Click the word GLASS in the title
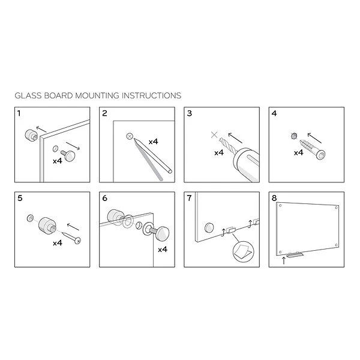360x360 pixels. [x=28, y=95]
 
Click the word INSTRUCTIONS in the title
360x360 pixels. [x=152, y=95]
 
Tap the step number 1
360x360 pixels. [x=19, y=113]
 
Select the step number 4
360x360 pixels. [x=274, y=113]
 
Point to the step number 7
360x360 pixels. [x=189, y=198]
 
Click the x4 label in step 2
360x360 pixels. [x=153, y=142]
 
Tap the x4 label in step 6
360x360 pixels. [x=163, y=250]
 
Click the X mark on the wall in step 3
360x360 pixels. [x=214, y=135]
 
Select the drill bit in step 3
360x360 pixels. [x=228, y=145]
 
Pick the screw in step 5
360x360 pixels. [x=71, y=238]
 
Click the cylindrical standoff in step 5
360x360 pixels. [x=47, y=225]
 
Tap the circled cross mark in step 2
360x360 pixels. [x=130, y=136]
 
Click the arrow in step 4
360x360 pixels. [x=314, y=138]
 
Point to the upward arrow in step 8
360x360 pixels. [x=284, y=260]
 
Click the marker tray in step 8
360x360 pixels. [x=295, y=254]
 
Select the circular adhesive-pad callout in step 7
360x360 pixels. [x=244, y=251]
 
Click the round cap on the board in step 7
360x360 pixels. [x=209, y=227]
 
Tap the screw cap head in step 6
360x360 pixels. [x=161, y=233]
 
